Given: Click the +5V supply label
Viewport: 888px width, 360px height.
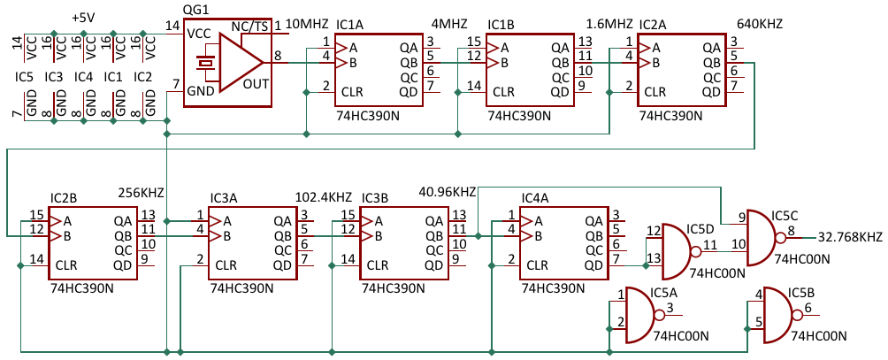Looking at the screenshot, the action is click(x=83, y=18).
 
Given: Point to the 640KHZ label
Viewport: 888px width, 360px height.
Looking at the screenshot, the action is click(x=760, y=24).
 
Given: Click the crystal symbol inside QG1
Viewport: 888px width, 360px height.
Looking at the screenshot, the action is click(x=203, y=62).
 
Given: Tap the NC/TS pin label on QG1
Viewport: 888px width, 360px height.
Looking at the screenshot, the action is click(x=249, y=27).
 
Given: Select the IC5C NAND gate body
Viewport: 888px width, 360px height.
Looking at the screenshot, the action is click(x=762, y=238).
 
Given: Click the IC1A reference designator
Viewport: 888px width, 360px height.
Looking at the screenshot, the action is click(x=348, y=26).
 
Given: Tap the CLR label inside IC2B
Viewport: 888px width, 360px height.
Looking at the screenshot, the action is click(x=66, y=265).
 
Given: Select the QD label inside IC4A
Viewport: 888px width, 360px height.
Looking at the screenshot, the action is click(x=594, y=265).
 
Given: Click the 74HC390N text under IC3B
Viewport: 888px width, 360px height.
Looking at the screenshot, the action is click(x=393, y=288).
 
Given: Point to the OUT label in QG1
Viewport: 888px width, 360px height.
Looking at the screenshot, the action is click(x=256, y=85).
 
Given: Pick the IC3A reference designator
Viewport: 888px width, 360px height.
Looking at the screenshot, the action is click(x=223, y=199).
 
